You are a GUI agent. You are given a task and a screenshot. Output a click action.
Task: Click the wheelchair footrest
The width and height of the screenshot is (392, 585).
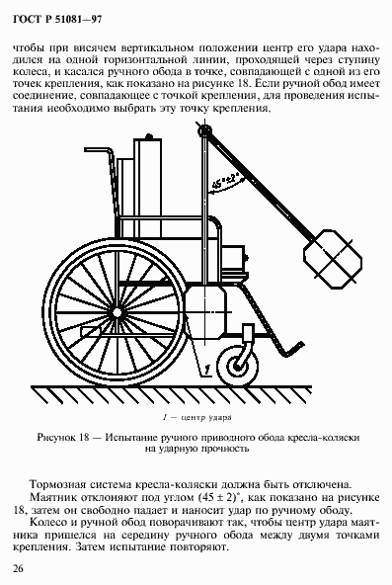click(x=281, y=348)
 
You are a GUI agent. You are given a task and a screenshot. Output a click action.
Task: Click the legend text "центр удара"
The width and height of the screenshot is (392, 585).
click(x=209, y=419)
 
